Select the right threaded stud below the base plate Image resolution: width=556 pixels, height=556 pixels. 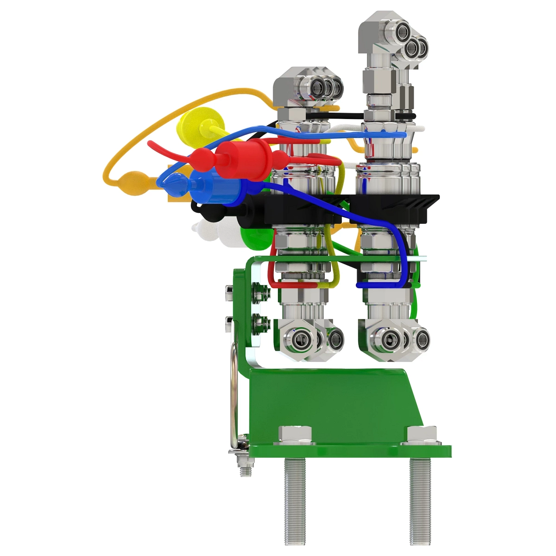[420, 500]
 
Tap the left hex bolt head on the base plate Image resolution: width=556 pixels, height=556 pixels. [295, 434]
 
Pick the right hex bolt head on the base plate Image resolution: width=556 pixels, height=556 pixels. [421, 434]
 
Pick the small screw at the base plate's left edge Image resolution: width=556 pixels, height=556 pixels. [244, 466]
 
